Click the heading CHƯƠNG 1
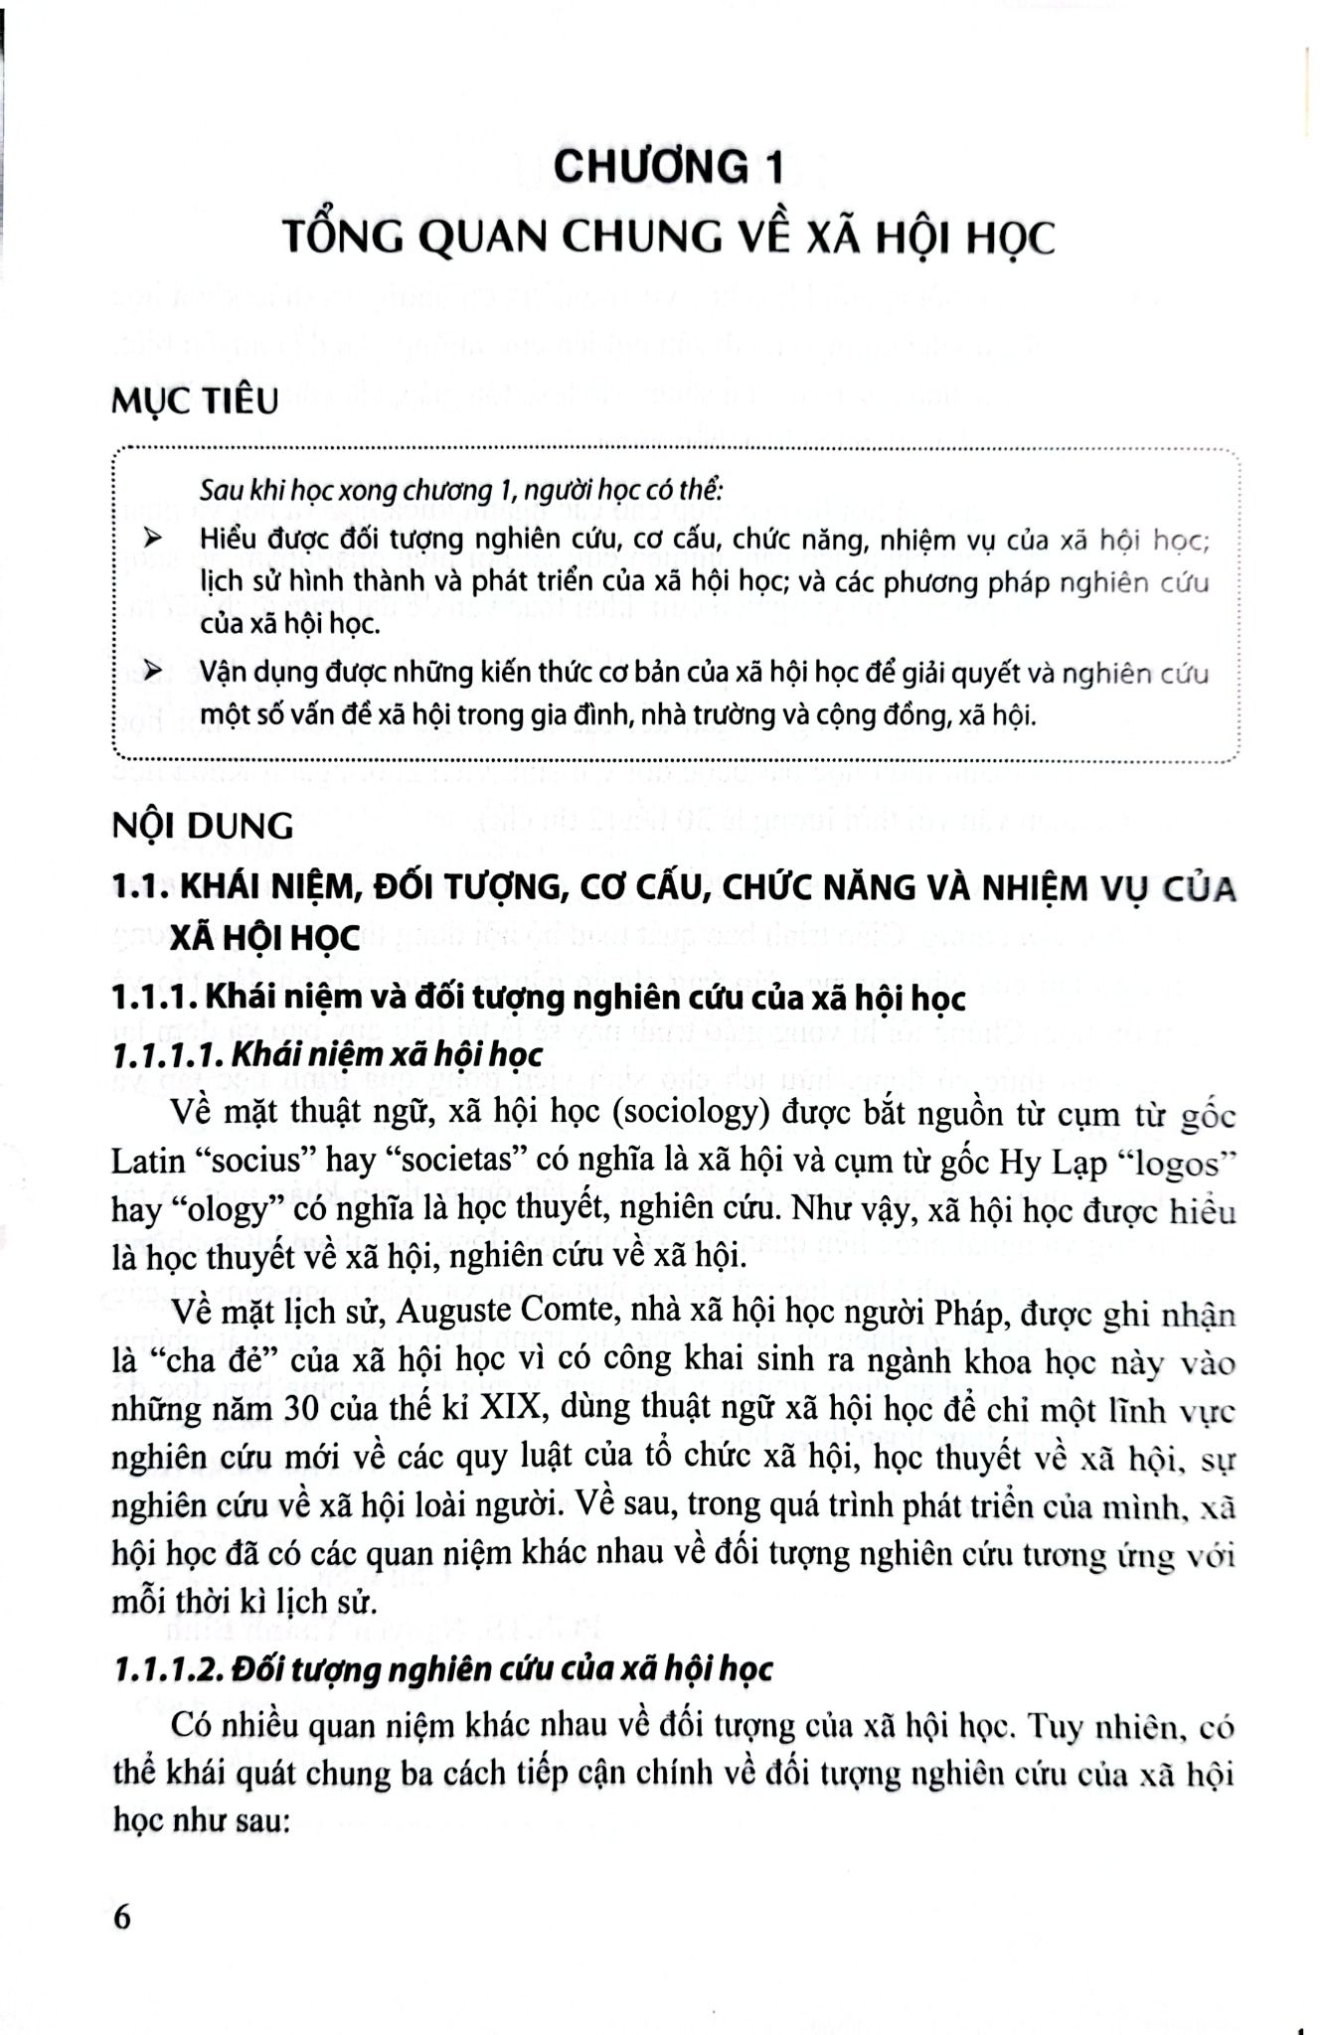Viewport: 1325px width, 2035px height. (668, 167)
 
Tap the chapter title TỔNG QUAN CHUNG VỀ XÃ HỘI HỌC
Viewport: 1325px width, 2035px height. (668, 239)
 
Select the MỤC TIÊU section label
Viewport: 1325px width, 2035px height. (196, 402)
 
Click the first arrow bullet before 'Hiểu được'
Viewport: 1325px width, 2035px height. (153, 539)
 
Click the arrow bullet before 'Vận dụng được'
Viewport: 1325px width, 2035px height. (153, 674)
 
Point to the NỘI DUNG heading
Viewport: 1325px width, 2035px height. (204, 826)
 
